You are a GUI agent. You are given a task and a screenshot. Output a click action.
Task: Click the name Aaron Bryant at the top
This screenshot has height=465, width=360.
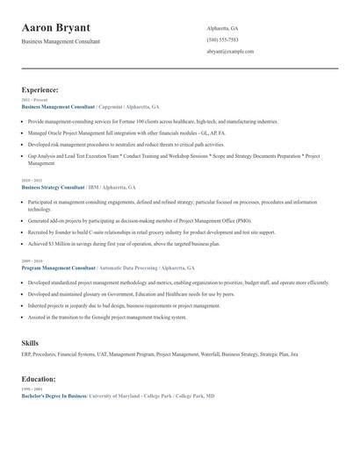(x=68, y=29)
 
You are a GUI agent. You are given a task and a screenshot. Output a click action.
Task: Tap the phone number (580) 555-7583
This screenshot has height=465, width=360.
(x=222, y=40)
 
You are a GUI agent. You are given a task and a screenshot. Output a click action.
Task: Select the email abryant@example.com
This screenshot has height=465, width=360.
(x=230, y=52)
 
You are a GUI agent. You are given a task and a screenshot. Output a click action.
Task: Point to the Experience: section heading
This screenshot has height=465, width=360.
(x=40, y=89)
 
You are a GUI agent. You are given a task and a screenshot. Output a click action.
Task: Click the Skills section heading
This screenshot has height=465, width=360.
(x=30, y=343)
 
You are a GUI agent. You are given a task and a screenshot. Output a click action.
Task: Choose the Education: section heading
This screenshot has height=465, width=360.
(x=39, y=379)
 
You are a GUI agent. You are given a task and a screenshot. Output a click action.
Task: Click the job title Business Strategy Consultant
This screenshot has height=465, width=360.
(x=53, y=187)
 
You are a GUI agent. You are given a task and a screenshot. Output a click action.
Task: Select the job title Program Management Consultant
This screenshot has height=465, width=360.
(x=58, y=267)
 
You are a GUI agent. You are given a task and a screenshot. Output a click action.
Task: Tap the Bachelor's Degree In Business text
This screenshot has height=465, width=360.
(x=54, y=397)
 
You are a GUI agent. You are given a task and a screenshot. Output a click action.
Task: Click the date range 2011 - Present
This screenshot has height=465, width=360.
(x=32, y=100)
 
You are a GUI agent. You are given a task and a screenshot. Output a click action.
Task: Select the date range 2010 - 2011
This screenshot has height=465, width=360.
(x=31, y=181)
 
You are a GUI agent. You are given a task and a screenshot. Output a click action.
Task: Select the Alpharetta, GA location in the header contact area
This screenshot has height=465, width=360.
(x=222, y=28)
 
